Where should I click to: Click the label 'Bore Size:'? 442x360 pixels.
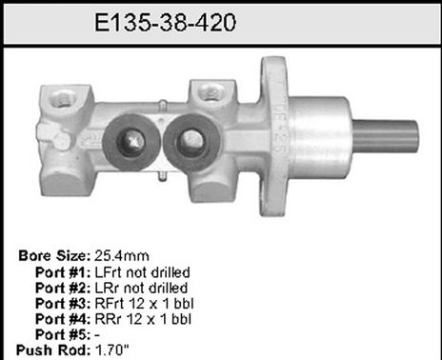(x=55, y=256)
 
